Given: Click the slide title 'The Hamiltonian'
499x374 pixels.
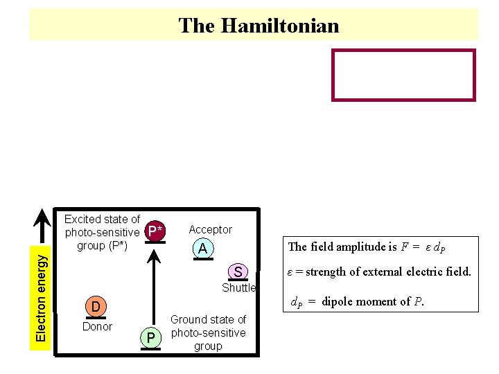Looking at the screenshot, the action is [259, 26].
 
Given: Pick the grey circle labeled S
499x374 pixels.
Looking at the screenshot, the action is [238, 271].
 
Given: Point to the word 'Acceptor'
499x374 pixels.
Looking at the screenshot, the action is [210, 229].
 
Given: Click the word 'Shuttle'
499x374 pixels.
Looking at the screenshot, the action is [238, 287].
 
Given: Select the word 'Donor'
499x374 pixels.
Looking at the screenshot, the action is [97, 326].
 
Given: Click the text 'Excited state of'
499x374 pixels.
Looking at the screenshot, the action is [102, 220].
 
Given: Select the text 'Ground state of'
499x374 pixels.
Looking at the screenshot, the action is [208, 319].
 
